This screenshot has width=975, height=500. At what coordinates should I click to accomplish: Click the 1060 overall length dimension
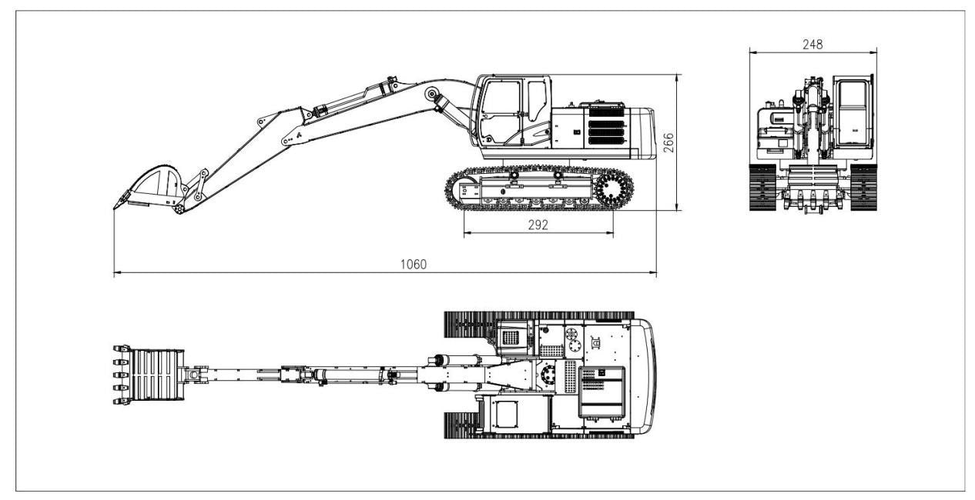pos(413,264)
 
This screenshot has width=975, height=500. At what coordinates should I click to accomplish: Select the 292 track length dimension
pos(538,225)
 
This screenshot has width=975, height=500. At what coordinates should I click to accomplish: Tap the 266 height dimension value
pos(668,142)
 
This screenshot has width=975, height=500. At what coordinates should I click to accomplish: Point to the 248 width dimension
pos(812,45)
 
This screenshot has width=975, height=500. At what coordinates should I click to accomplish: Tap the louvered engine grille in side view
pos(606,126)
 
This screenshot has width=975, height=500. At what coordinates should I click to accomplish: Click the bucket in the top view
pos(149,375)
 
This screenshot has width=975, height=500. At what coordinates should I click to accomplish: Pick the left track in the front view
pos(762,188)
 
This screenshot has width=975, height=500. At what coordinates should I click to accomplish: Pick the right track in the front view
pos(863,188)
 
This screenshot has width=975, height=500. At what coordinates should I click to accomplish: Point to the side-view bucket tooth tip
pos(115,208)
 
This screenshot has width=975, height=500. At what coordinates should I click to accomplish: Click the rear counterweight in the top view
pos(643,375)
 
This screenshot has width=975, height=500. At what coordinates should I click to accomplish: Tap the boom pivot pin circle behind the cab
pos(432,94)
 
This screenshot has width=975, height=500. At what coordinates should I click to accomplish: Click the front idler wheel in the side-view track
pos(464,190)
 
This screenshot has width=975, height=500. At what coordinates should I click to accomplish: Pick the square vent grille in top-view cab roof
pos(511,338)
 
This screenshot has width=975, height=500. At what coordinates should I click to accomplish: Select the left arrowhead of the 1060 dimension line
pos(116,273)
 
